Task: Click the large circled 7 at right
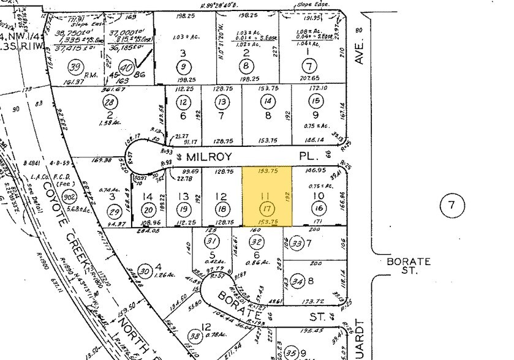tap(452, 206)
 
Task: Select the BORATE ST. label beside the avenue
tap(408, 266)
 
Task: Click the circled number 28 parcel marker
tap(110, 102)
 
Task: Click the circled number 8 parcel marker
tap(246, 67)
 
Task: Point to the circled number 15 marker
tap(316, 101)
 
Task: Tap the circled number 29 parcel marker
tap(113, 210)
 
